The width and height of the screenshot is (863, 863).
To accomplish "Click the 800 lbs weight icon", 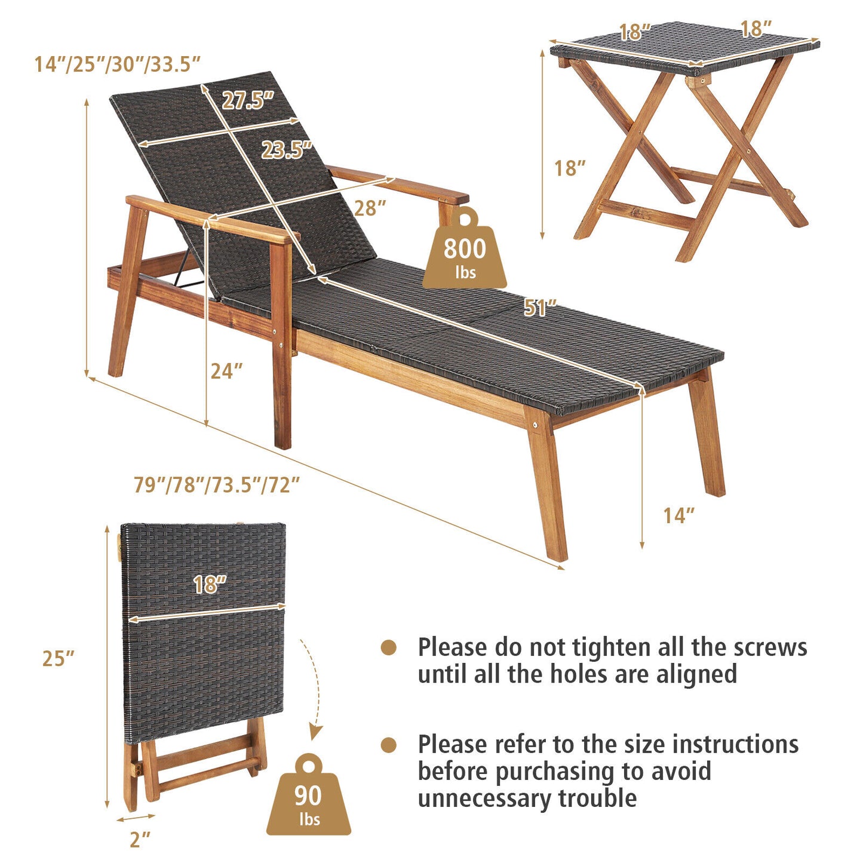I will click(x=464, y=251).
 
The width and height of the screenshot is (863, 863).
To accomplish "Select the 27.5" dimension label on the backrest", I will click(x=248, y=100).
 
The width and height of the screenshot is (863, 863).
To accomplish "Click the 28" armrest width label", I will click(x=370, y=208).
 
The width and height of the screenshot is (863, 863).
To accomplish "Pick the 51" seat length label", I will click(x=540, y=308).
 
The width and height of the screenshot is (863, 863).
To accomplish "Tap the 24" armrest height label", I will click(x=226, y=371).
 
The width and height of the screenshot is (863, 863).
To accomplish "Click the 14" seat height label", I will click(x=679, y=515).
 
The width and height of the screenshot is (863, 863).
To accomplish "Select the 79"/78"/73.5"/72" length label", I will click(x=216, y=484).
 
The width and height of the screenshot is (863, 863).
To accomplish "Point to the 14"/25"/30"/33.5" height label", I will click(x=117, y=64).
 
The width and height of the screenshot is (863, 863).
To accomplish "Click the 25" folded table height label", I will click(x=59, y=658).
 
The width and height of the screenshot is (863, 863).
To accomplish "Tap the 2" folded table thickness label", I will click(x=140, y=840).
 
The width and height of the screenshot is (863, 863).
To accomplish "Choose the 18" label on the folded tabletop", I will click(x=210, y=584).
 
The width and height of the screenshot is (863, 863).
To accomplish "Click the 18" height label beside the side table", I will click(x=569, y=168).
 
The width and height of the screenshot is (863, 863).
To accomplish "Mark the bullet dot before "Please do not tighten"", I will click(x=389, y=647).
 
